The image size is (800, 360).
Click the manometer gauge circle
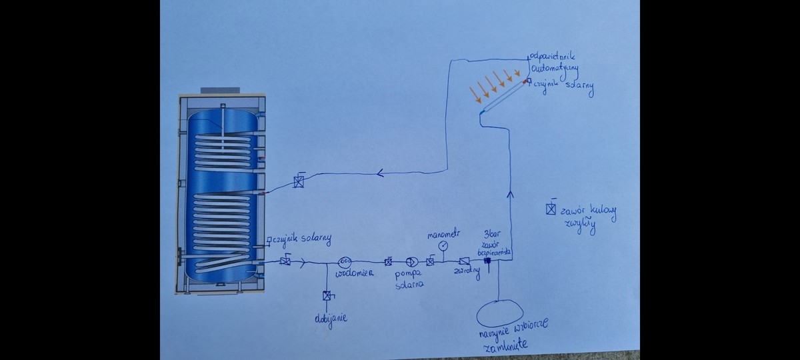point(443,245)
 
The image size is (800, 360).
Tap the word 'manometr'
point(443,233)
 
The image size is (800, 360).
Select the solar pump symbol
point(411,262)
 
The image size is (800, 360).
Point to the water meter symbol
point(345,261)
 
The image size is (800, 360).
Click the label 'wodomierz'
point(354,273)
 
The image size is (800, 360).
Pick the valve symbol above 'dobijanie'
point(327,296)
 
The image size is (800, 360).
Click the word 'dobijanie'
point(331,319)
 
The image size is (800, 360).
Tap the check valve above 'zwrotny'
point(465,262)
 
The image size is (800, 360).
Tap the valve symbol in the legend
point(551,209)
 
